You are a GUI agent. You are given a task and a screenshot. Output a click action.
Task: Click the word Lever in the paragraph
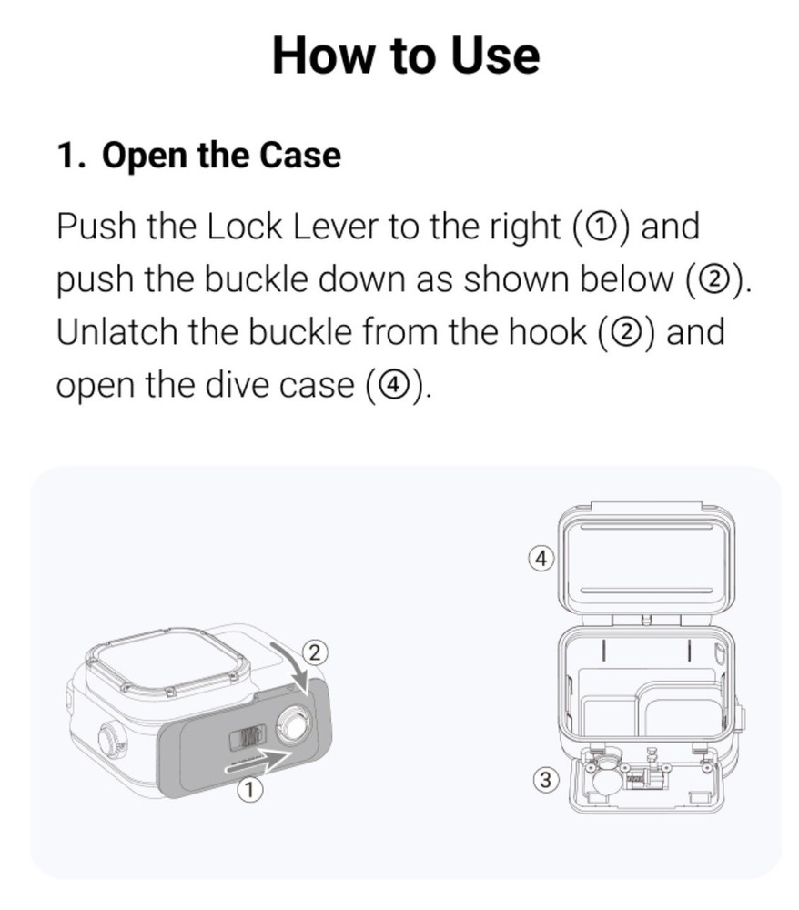pos(336,227)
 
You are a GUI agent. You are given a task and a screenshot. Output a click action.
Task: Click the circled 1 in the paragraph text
pos(602,227)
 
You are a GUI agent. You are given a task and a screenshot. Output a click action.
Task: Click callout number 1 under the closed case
pos(249,790)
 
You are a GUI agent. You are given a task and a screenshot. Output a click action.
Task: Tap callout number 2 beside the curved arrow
pos(314,652)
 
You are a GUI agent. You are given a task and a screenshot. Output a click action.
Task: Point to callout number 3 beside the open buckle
pos(545,780)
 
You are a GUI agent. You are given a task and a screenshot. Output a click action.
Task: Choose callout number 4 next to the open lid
pos(541,559)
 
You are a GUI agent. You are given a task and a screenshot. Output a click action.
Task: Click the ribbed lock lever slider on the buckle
pos(248,738)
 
